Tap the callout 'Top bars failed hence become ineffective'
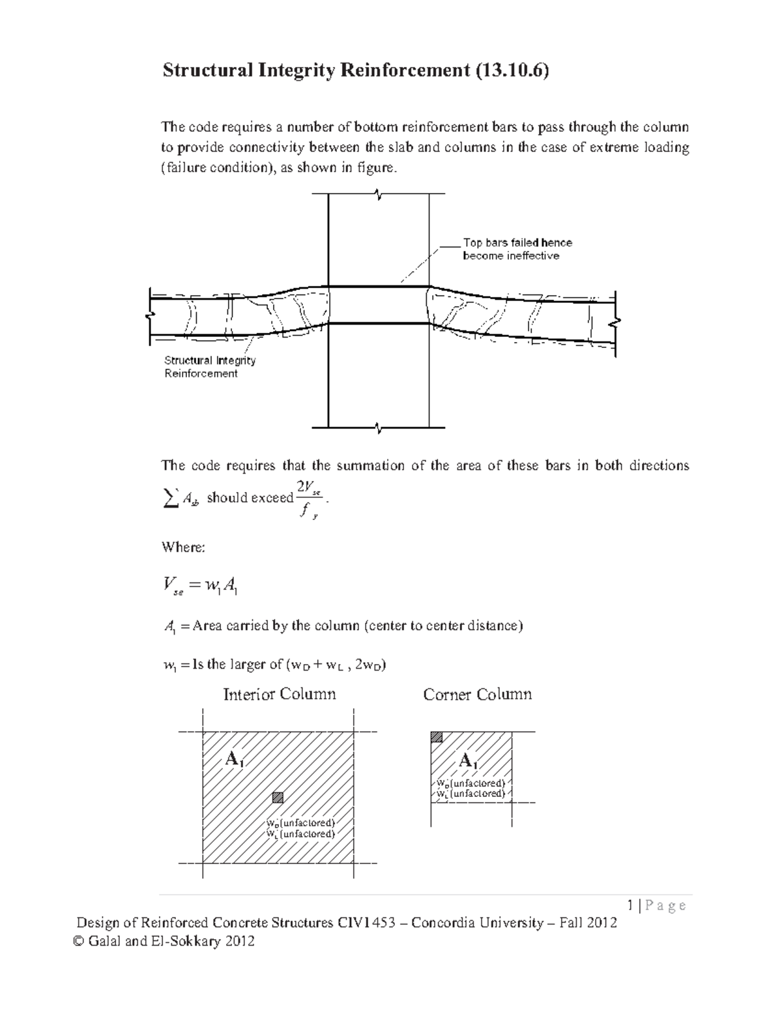(517, 249)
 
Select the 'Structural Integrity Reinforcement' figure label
(209, 367)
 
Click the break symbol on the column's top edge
(379, 194)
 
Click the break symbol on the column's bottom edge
(379, 427)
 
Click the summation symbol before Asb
(169, 498)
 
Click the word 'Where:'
(183, 547)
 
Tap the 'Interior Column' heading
(280, 694)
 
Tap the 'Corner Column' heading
(477, 695)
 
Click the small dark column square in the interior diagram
(278, 796)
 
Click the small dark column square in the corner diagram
(437, 737)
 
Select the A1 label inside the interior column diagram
(234, 759)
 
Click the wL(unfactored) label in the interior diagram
(300, 834)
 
